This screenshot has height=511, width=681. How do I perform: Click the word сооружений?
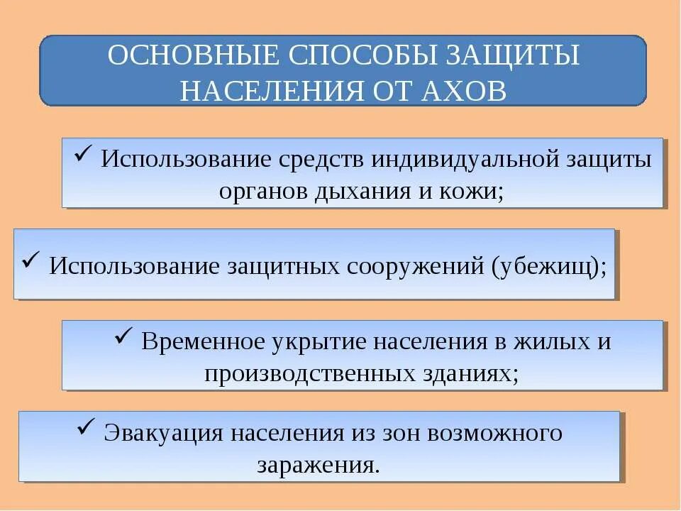[403, 266]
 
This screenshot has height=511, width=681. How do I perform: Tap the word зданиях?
[471, 373]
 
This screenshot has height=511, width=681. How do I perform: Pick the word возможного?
[492, 432]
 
